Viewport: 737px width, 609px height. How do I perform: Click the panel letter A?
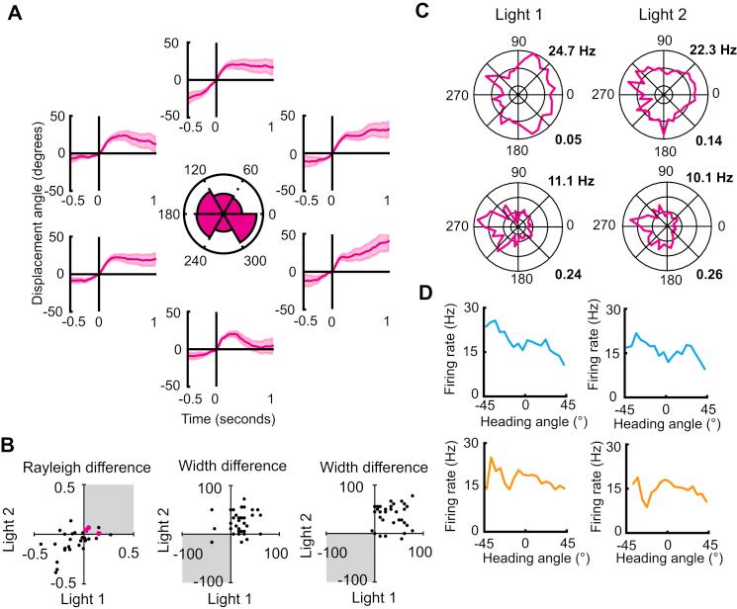[x=14, y=16]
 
